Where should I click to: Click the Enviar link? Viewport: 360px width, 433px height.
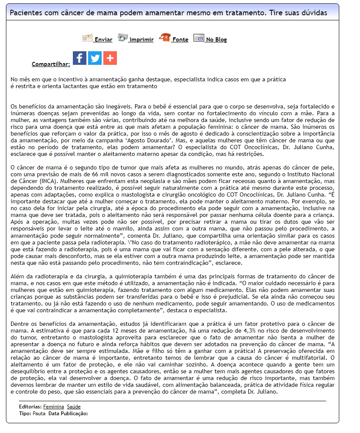tap(103, 40)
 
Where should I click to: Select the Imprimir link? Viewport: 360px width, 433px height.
tap(141, 40)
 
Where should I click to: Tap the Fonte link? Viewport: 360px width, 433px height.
tap(180, 40)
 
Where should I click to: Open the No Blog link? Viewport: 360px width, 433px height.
tap(216, 40)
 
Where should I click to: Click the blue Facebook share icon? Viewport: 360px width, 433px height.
tap(80, 58)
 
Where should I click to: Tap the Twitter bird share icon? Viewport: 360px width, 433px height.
tap(95, 58)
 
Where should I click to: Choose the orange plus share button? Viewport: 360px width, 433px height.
tap(110, 58)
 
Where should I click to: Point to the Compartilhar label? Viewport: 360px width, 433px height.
tap(51, 64)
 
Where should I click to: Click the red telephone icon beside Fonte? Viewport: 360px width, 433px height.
tap(164, 38)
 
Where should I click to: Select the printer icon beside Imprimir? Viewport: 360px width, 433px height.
tap(123, 38)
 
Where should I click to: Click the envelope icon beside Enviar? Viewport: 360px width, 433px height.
tap(87, 38)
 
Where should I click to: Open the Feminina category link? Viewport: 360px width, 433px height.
tap(53, 407)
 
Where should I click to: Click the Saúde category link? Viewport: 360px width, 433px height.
tap(74, 407)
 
